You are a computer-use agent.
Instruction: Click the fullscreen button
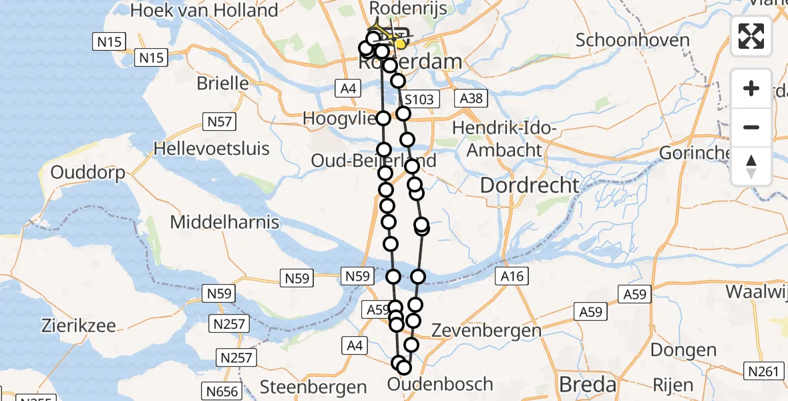coord(751,35)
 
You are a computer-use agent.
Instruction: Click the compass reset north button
coord(751,166)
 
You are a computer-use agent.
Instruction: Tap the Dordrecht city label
coord(530,185)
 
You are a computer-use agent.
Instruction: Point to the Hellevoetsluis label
coord(212,148)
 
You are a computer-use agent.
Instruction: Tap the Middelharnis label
coord(225,222)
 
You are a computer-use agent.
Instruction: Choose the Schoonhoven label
coord(632,40)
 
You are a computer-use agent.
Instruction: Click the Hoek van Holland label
coord(204,11)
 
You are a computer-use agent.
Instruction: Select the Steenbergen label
coord(313,387)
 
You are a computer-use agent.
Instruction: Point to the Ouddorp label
coord(88,174)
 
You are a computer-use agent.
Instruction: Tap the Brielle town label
coord(222,84)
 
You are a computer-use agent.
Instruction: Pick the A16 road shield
coord(512,276)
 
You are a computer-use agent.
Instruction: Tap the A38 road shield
coord(473,99)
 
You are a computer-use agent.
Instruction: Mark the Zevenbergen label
coord(486,331)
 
